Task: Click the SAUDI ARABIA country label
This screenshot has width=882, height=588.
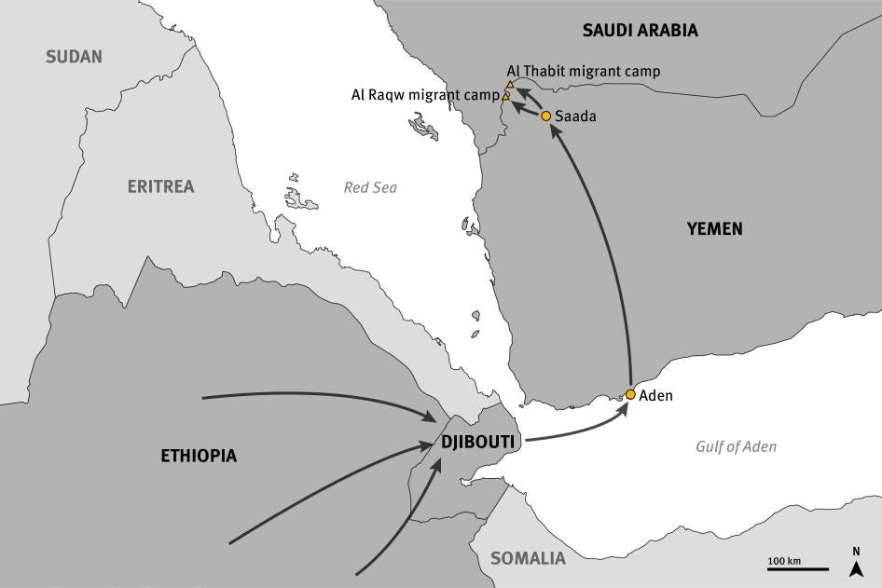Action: tap(640, 31)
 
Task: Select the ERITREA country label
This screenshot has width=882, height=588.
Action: tap(160, 186)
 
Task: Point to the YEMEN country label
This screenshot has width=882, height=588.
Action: tap(714, 228)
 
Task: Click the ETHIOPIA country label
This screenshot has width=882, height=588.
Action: tap(199, 456)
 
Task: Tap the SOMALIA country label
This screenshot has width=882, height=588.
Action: tap(528, 559)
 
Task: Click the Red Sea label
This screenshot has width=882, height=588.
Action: tap(370, 187)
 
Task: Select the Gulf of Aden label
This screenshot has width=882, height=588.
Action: tap(736, 446)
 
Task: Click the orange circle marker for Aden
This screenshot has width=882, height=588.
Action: tap(630, 395)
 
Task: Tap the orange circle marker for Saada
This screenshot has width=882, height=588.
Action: tap(546, 116)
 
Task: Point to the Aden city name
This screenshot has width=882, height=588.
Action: tap(655, 395)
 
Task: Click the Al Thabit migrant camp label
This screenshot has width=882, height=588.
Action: tap(584, 71)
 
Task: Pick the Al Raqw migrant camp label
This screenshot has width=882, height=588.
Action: tap(424, 95)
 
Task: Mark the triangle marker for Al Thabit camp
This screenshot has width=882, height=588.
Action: tap(510, 85)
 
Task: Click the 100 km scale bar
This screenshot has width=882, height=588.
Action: tap(797, 567)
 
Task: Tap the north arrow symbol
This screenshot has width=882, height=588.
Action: tap(856, 560)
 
